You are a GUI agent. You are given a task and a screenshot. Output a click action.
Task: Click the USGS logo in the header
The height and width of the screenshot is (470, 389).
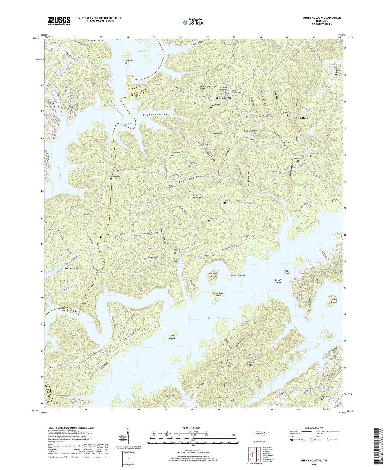(59, 21)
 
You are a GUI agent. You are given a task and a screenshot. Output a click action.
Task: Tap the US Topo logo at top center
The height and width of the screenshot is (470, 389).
(193, 22)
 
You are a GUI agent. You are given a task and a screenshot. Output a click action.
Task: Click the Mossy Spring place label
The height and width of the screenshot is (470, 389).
(223, 98)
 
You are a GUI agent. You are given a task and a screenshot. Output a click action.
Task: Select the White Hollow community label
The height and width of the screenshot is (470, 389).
(302, 118)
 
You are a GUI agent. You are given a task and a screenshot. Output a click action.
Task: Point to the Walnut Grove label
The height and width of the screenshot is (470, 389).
(73, 268)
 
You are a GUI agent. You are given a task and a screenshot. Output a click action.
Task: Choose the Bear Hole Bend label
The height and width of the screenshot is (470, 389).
(238, 275)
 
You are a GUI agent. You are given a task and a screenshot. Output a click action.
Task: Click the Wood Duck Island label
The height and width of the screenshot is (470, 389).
(218, 294)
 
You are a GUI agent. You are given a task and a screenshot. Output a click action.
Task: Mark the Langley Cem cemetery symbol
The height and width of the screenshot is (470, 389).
(228, 360)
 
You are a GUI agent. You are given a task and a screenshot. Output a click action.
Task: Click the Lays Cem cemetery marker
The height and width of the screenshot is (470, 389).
(126, 63)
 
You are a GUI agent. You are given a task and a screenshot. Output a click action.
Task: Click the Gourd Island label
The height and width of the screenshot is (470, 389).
(334, 300)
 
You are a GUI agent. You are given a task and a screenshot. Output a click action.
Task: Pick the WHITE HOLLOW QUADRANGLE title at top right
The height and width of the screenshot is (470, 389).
(321, 18)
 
